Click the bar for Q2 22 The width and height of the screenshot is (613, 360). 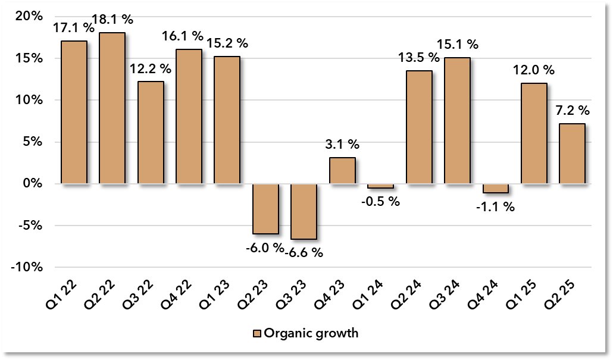(x=112, y=108)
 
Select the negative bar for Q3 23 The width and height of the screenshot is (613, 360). (x=304, y=211)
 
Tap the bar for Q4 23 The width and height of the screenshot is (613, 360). (x=342, y=171)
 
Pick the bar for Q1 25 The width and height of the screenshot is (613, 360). (x=534, y=133)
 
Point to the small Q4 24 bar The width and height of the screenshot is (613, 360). (x=496, y=189)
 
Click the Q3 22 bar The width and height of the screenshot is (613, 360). (x=151, y=133)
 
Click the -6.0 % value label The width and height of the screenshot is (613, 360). (x=265, y=248)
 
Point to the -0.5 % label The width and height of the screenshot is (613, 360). (x=380, y=201)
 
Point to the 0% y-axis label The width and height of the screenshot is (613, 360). (x=33, y=184)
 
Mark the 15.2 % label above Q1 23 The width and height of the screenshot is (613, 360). (x=227, y=44)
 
